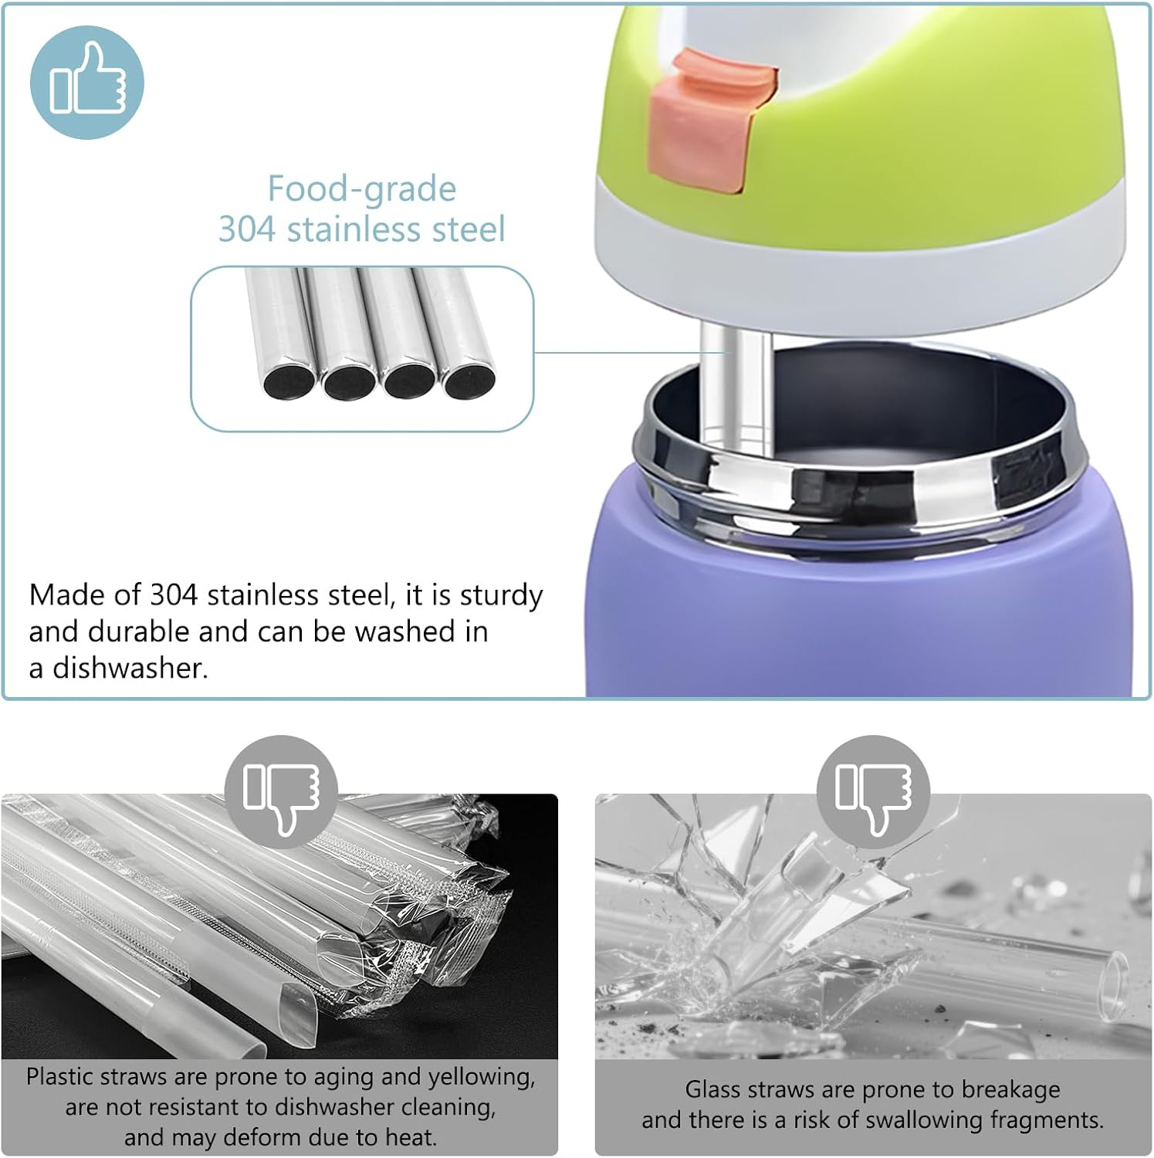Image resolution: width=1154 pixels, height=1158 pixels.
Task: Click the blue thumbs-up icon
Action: click(86, 82)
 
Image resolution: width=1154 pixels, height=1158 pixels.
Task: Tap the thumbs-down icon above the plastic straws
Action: click(281, 793)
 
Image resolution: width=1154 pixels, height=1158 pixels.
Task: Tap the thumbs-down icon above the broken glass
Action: click(874, 793)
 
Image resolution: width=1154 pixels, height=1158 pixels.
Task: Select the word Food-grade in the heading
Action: click(361, 189)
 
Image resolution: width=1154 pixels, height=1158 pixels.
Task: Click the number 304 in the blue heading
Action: click(246, 229)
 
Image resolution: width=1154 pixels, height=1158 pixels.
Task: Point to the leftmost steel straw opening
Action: click(289, 381)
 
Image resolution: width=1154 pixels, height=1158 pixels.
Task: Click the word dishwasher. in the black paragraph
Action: click(130, 668)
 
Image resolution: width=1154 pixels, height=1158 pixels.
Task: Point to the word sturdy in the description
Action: click(502, 595)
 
